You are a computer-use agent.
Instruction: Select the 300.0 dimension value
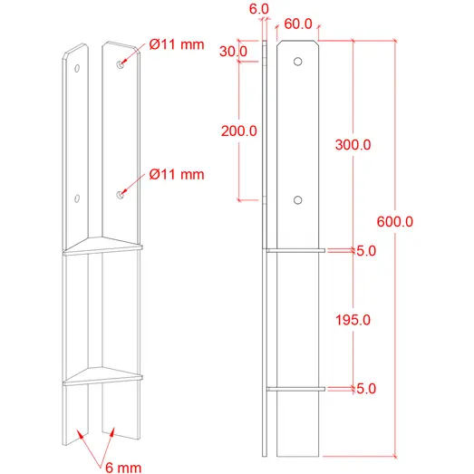point(352,145)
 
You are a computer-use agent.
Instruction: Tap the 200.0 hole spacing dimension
point(238,131)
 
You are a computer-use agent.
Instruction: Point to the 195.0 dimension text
point(352,319)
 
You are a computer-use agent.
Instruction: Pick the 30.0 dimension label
point(232,52)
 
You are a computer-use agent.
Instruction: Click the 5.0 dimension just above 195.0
point(366,251)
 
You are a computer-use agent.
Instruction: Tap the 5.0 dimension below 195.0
point(366,389)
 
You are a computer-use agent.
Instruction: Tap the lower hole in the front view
point(297,200)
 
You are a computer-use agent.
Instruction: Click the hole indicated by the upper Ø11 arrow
point(121,65)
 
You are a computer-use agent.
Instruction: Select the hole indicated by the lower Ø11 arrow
point(120,194)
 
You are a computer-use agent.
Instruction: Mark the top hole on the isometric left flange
point(79,69)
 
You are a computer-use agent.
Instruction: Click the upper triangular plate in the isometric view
point(104,245)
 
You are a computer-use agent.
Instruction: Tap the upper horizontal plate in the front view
point(295,250)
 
